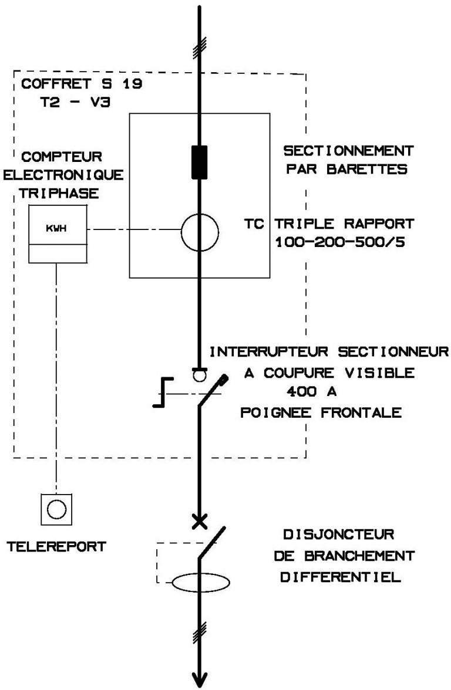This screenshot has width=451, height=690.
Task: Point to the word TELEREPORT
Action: click(56, 546)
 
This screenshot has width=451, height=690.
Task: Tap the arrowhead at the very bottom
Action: click(200, 677)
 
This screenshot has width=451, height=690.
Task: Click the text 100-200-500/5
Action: click(341, 242)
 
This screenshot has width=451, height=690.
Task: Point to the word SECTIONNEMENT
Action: click(348, 151)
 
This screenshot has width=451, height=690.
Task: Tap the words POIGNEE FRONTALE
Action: click(321, 412)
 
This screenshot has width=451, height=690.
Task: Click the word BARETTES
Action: click(378, 170)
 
